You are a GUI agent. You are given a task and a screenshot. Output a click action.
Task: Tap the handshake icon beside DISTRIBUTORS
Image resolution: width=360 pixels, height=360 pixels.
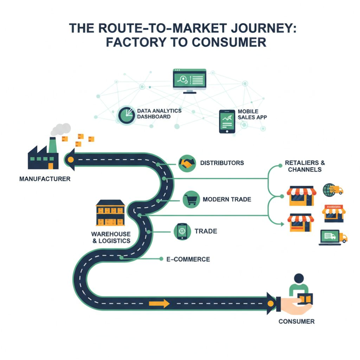[x=187, y=163]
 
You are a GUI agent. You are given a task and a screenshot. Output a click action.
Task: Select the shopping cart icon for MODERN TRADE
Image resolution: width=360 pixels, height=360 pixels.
[x=191, y=200]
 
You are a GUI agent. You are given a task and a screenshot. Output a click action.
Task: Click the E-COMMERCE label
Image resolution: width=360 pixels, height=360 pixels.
[x=188, y=259]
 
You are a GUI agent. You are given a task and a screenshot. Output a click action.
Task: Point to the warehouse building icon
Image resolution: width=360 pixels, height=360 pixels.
[x=110, y=213]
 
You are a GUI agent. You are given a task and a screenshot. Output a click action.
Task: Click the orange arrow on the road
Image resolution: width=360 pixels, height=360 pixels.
[x=159, y=304]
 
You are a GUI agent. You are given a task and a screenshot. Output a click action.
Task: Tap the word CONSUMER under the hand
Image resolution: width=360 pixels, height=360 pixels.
[x=296, y=321]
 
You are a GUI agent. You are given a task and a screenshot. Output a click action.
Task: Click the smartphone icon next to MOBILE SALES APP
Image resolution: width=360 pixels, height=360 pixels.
[x=227, y=121]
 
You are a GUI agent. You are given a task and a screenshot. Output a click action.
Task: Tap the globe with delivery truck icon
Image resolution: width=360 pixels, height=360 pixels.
[x=332, y=190]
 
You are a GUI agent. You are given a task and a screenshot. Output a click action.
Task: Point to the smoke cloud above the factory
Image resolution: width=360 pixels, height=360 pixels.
[x=61, y=129]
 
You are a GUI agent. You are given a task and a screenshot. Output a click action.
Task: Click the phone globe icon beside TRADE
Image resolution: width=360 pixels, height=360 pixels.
[x=182, y=231]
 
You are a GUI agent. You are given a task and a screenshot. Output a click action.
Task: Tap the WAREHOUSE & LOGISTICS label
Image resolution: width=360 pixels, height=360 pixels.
[x=111, y=237]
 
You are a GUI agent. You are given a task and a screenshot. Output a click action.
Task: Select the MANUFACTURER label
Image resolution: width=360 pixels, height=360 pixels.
[x=45, y=179]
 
